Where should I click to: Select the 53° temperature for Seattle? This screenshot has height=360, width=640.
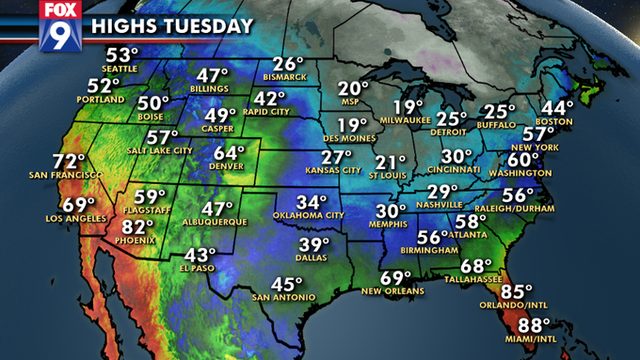tap(123, 55)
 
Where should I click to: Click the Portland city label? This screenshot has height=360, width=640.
tap(105, 100)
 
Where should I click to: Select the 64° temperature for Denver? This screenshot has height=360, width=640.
tap(230, 153)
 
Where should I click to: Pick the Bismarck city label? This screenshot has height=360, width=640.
tap(289, 80)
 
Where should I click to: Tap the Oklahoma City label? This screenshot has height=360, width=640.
tap(311, 215)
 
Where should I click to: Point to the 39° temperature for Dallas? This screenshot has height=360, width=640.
tap(316, 245)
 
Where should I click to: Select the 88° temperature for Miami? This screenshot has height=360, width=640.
tap(536, 325)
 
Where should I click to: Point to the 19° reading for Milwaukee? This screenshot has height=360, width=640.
tap(408, 108)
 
